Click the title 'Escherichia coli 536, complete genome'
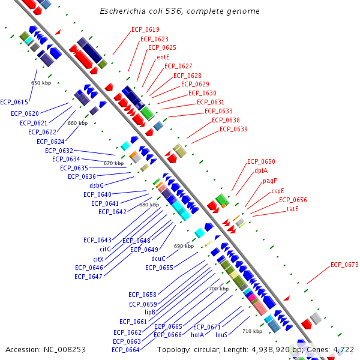(179, 11)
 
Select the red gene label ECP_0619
(145, 29)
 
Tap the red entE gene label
(163, 57)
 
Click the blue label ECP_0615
(14, 102)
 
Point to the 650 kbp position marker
(41, 83)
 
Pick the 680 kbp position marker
(149, 205)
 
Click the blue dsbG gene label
(97, 185)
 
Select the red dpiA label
(261, 170)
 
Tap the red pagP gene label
(270, 181)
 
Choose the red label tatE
(293, 209)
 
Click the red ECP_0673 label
(344, 265)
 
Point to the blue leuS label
(221, 335)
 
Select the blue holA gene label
(197, 335)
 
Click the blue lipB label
(150, 312)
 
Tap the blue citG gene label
(106, 249)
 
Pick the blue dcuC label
(158, 259)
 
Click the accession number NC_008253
(65, 350)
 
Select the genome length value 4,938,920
(271, 350)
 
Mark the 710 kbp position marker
(253, 331)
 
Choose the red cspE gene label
(278, 191)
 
